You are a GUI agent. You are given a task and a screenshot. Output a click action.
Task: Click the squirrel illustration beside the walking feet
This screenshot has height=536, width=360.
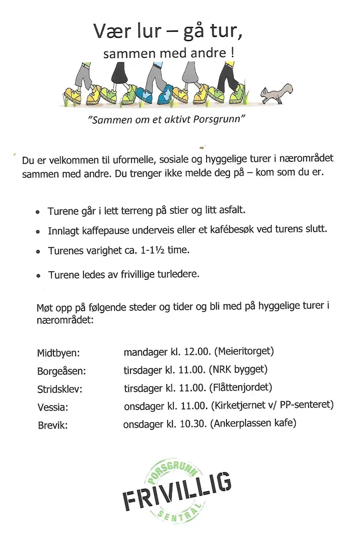pos(277,93)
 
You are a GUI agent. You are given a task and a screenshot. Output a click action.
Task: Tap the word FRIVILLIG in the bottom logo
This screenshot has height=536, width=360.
pos(177,491)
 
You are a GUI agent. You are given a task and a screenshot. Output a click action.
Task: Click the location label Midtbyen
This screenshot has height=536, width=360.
pos(58,353)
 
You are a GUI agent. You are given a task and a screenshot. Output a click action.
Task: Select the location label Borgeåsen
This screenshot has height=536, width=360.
pos(61,372)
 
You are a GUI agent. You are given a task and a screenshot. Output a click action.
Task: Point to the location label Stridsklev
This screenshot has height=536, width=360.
pos(60,390)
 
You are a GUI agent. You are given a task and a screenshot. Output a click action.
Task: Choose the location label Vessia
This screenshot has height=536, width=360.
pos(52,408)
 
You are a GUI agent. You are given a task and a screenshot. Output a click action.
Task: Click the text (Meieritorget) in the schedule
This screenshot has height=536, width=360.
pos(244,352)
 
